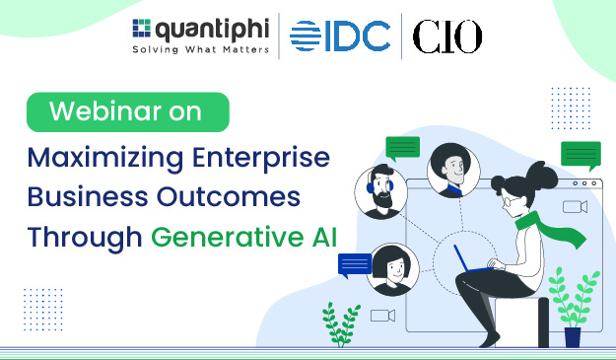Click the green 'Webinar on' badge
(x=127, y=111)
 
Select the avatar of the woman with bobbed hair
(x=392, y=265)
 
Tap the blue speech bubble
(x=355, y=264)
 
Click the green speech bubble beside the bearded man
(x=402, y=148)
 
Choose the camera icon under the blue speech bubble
(x=382, y=316)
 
